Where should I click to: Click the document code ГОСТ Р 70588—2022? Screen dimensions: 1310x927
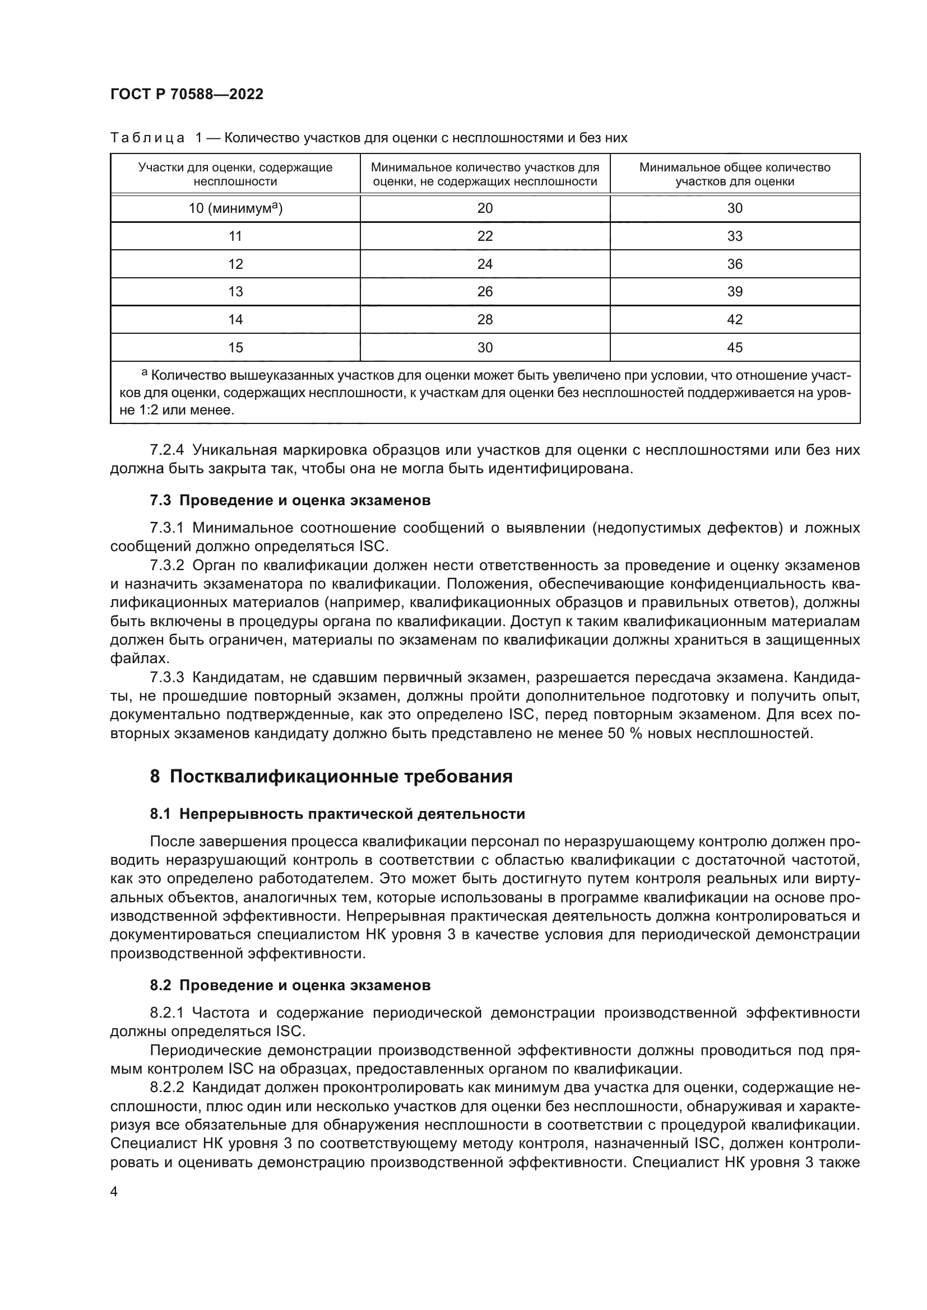tap(187, 94)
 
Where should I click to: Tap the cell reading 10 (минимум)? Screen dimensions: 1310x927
tap(235, 208)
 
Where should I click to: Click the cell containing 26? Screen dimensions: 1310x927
tap(485, 292)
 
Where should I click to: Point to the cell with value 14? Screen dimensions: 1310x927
tap(235, 319)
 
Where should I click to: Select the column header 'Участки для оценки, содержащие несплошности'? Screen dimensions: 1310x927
tap(235, 175)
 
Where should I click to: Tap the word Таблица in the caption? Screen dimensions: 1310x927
tap(147, 138)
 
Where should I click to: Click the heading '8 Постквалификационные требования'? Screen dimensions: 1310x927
tap(331, 776)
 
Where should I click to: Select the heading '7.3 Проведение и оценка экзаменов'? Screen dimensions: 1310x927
tap(290, 500)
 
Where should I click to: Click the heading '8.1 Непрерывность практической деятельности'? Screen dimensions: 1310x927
tap(337, 814)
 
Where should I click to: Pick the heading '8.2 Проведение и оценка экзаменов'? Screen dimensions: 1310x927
tap(290, 985)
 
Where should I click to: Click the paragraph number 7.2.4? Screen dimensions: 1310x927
tap(166, 450)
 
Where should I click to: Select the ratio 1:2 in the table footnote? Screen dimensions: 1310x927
tap(150, 410)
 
